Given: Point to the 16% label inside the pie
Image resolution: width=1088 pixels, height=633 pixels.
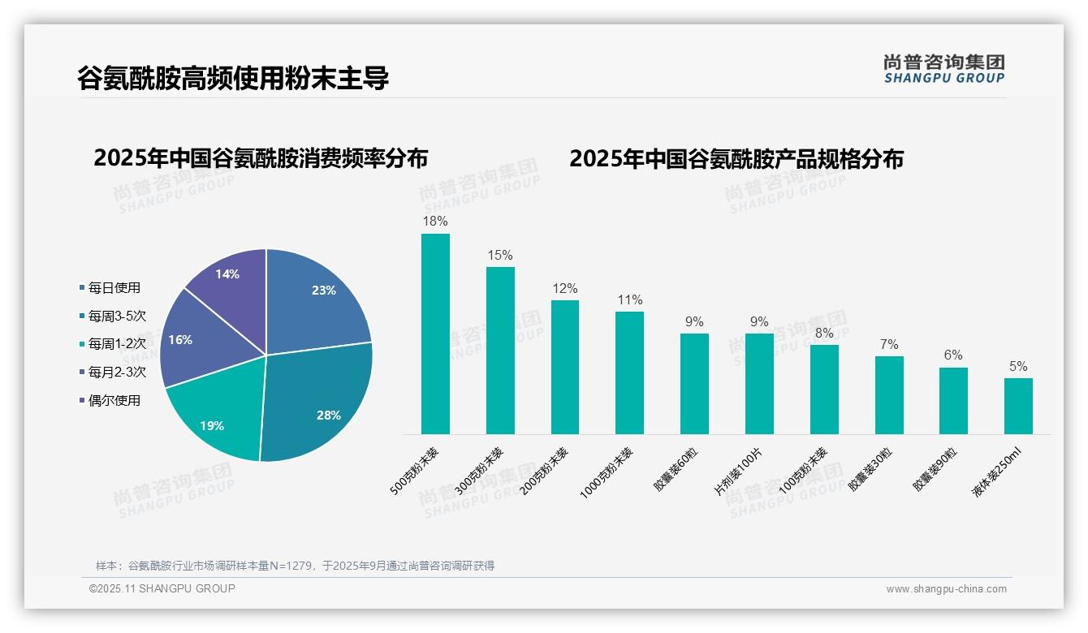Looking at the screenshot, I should tap(180, 340).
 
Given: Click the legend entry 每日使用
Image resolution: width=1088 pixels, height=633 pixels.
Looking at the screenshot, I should tap(114, 287).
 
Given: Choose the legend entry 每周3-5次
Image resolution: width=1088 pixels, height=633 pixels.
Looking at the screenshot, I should tap(117, 316).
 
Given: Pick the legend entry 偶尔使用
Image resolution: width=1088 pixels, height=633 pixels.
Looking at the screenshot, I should tap(114, 400).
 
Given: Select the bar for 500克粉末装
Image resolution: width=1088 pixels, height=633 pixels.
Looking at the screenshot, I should tap(435, 334).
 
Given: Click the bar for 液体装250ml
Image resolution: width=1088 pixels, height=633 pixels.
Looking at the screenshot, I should tap(1018, 406).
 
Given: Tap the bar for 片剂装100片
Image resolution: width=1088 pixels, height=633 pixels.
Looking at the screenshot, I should tap(759, 383).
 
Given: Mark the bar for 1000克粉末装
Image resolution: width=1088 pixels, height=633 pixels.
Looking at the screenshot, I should tap(629, 372).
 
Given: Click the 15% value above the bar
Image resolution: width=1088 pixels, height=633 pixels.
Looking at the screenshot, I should tap(500, 255).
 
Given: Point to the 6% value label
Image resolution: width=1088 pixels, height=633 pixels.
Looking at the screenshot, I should tap(953, 355).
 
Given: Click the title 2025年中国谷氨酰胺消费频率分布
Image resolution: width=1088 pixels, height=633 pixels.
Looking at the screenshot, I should tap(261, 158).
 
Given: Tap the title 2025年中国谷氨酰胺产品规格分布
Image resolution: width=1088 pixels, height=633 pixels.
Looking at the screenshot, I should tap(736, 158).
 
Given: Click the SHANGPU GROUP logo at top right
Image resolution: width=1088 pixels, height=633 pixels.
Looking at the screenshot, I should tap(943, 69).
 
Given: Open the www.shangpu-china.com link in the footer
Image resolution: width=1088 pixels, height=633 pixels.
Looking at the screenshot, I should tap(946, 589).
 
